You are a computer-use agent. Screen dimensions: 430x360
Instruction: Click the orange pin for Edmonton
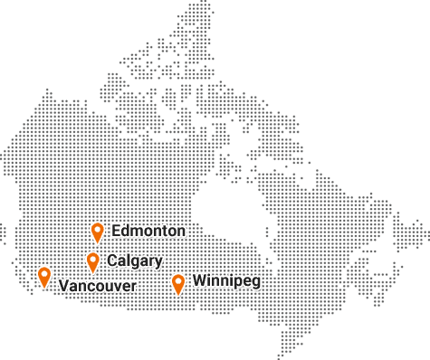[x=98, y=232]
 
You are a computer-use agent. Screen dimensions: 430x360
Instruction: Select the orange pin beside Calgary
[x=92, y=261]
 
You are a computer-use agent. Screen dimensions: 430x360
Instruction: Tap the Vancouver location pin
[x=44, y=277]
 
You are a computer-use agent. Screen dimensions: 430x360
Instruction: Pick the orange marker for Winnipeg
[x=178, y=283]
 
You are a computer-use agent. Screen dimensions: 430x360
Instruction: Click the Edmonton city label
[x=148, y=231]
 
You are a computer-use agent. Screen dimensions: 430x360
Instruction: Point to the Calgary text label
[x=135, y=261]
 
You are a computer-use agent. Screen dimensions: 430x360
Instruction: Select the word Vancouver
[x=98, y=286]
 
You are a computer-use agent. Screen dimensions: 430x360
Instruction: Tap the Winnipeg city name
[x=226, y=281]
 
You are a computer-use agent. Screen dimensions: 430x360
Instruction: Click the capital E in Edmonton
[x=115, y=231]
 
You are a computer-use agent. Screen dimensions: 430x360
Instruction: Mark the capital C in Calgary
[x=111, y=261]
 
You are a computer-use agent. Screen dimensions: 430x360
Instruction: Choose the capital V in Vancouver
[x=62, y=286]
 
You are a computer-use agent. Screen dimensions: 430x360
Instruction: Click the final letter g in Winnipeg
[x=256, y=283]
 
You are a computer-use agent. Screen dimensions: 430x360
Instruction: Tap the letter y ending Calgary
[x=159, y=263]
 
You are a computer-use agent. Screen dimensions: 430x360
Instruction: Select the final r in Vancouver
[x=134, y=287]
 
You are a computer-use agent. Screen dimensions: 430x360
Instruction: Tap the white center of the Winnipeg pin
[x=178, y=280]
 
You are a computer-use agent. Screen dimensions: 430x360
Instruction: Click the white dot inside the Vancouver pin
[x=44, y=274]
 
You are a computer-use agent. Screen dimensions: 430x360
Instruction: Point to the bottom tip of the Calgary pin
[x=92, y=272]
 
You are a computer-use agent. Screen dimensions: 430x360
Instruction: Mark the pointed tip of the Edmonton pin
[x=98, y=243]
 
